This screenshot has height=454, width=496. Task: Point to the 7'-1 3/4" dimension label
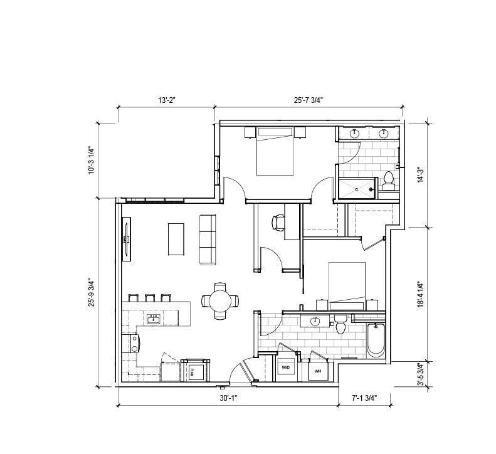(364, 398)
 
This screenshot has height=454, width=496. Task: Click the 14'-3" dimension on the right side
(421, 174)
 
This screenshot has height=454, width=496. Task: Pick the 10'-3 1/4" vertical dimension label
(91, 160)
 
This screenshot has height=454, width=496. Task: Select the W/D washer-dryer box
(286, 367)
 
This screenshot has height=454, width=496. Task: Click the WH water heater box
(317, 370)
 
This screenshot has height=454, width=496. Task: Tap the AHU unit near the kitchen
(192, 371)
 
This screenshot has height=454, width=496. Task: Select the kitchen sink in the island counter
(153, 319)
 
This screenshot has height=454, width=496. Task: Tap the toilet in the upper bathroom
(388, 180)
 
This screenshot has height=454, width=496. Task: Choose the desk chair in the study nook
(278, 221)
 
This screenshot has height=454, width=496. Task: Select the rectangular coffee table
(176, 239)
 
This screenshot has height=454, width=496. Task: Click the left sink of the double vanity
(354, 133)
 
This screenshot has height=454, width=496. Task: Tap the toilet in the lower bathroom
(341, 325)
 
